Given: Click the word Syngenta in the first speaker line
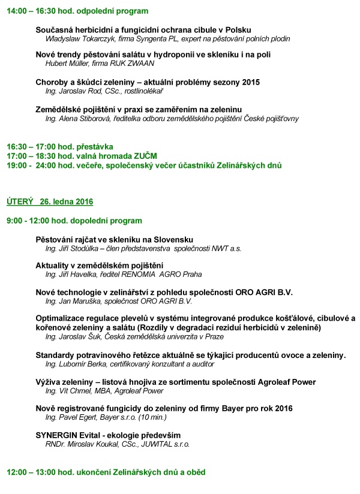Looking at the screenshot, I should coord(157,38).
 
